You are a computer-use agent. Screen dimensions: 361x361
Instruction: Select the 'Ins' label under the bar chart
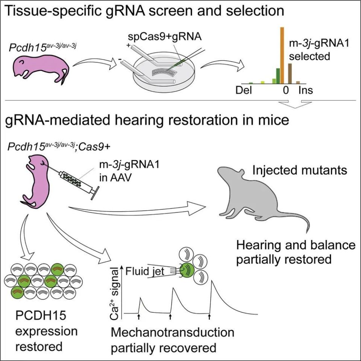pyautogui.click(x=305, y=90)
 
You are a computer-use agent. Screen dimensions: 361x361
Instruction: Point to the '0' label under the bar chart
pyautogui.click(x=286, y=90)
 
